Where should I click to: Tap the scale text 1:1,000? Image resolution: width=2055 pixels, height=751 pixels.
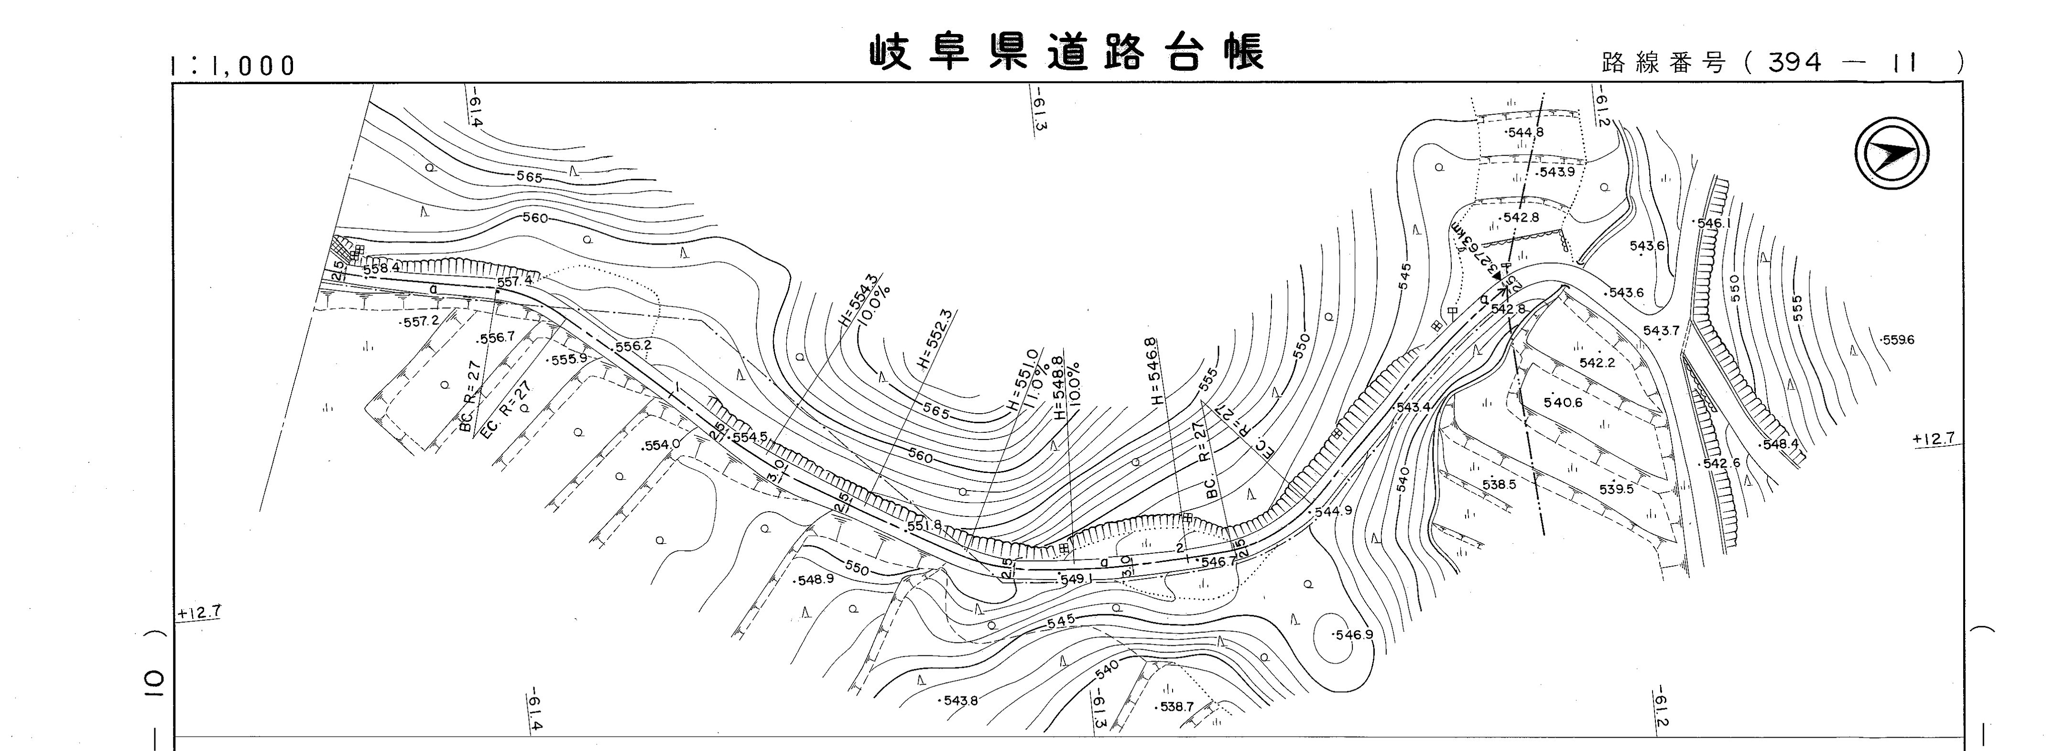click(233, 65)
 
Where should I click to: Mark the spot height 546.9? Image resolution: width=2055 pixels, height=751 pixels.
click(1354, 635)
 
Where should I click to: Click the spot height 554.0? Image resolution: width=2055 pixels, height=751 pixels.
click(661, 445)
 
